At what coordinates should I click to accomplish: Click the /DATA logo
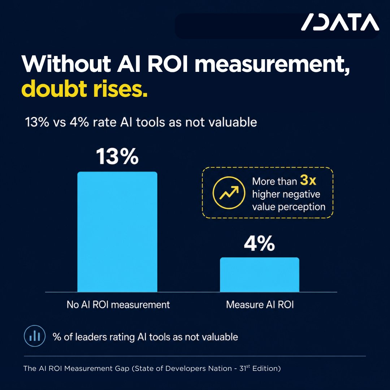coord(340,22)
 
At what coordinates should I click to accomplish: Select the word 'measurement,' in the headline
coord(272,65)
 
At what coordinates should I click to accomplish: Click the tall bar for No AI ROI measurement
coord(117,231)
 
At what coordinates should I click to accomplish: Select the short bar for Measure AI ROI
coord(259,274)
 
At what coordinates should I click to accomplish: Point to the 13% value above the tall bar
coord(117,156)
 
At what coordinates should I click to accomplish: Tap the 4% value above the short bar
coord(259,243)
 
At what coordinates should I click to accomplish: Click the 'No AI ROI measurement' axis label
coord(118,305)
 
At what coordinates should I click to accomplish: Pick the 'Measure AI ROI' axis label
coord(260,305)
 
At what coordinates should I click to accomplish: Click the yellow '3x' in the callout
coord(308,180)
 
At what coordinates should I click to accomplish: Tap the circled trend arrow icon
coord(229,193)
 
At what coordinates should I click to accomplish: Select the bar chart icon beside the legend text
coord(35,336)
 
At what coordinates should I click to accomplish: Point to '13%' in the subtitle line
coord(37,122)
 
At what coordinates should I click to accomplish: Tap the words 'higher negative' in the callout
coord(286,195)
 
